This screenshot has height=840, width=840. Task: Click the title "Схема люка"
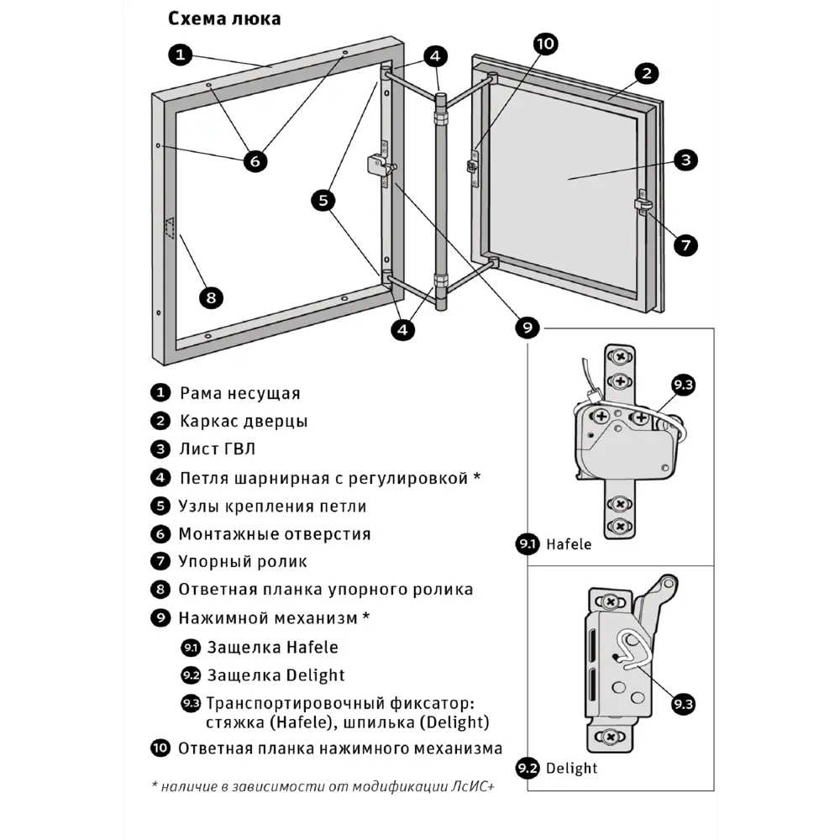pyautogui.click(x=224, y=18)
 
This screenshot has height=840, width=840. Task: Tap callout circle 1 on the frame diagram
pyautogui.click(x=181, y=55)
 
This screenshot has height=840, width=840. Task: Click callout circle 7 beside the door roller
pyautogui.click(x=685, y=244)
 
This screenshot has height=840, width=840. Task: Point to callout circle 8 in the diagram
pyautogui.click(x=211, y=297)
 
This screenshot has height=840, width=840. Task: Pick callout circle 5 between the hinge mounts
pyautogui.click(x=323, y=200)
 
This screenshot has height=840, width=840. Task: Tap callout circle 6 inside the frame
pyautogui.click(x=255, y=160)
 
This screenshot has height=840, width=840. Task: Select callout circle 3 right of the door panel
pyautogui.click(x=685, y=160)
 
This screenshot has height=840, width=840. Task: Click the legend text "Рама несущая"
pyautogui.click(x=239, y=393)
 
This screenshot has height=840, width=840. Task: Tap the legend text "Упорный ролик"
pyautogui.click(x=243, y=562)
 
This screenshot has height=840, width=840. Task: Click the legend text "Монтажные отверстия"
pyautogui.click(x=275, y=534)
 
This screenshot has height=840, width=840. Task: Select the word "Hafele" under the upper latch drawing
pyautogui.click(x=569, y=544)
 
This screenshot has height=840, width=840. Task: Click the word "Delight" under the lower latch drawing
pyautogui.click(x=571, y=768)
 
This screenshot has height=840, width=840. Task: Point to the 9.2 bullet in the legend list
pyautogui.click(x=191, y=675)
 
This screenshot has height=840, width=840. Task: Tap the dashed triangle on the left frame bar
pyautogui.click(x=169, y=228)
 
